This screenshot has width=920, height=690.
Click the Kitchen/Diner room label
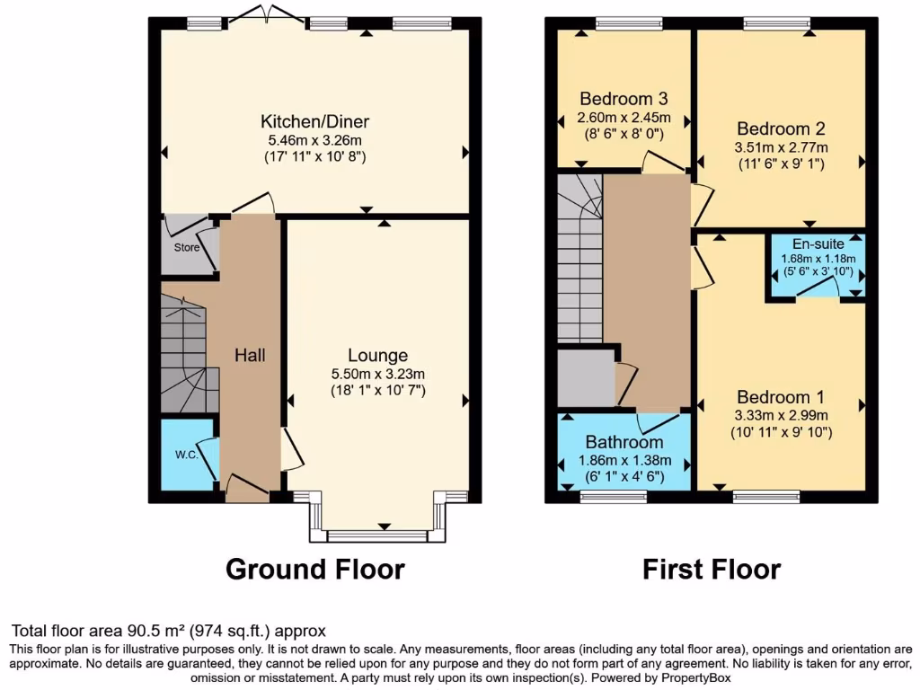314,121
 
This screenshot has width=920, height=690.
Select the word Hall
250,356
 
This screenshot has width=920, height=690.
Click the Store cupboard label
186,247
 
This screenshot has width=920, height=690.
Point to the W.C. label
187,454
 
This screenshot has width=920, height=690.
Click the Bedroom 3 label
624,98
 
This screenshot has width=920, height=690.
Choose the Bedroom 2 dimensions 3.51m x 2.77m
782,147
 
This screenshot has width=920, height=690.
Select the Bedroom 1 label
781,397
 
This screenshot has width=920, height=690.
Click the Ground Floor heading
314,569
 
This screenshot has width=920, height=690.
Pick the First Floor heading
711,569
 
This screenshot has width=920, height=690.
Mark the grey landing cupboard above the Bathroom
586,378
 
